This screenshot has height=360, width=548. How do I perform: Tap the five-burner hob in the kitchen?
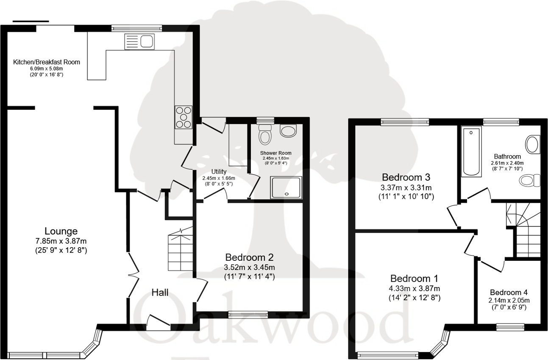(x=184, y=117)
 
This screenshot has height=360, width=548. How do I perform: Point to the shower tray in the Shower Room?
(x=287, y=187)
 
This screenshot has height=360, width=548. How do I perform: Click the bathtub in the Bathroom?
(x=471, y=151)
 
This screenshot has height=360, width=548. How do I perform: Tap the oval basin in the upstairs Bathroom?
(x=532, y=144)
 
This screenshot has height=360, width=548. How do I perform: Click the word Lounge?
(x=61, y=231)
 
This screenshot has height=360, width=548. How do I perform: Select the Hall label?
(x=160, y=292)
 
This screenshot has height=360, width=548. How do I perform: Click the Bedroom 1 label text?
(x=414, y=279)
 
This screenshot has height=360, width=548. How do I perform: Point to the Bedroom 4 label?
(x=509, y=292)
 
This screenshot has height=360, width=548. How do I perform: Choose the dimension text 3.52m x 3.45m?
(x=249, y=267)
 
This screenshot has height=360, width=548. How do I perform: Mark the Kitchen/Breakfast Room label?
(x=47, y=62)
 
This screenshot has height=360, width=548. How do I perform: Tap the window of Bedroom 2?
(x=248, y=314)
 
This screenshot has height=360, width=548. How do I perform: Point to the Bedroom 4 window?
(x=510, y=327)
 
